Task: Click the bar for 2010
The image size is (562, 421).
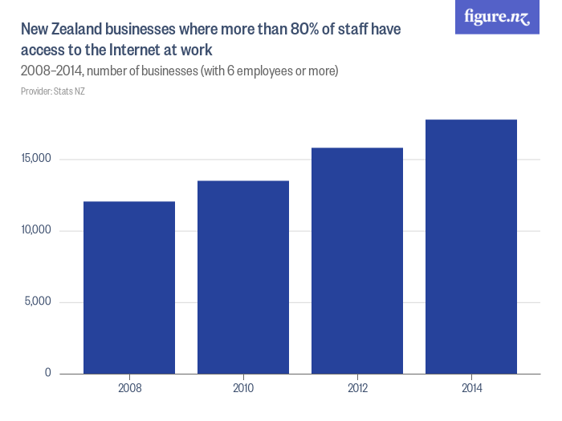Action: click(243, 277)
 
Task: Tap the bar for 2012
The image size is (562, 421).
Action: click(357, 261)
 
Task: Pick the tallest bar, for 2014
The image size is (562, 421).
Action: click(471, 246)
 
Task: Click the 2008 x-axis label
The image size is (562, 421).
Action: click(129, 389)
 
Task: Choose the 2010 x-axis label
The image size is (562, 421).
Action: click(243, 389)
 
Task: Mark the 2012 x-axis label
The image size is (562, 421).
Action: click(357, 389)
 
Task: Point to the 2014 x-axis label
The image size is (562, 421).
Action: click(471, 389)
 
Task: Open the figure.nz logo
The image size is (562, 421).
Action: click(497, 17)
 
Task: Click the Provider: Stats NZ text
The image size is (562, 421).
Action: click(52, 91)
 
